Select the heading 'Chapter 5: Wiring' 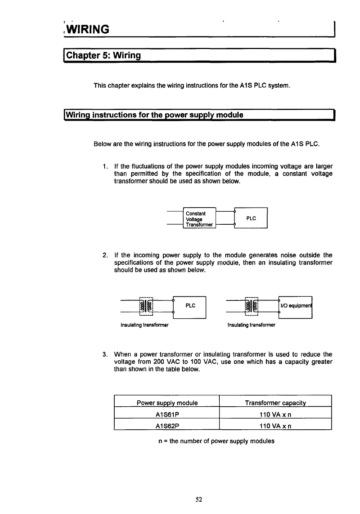coord(103,56)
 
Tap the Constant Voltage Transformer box coord(199,219)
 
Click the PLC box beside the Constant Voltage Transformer coord(251,218)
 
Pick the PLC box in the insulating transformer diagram coord(190,306)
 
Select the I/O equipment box coord(295,306)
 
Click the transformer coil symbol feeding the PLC coord(146,306)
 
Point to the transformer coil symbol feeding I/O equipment coord(251,306)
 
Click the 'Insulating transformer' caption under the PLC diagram coord(144,325)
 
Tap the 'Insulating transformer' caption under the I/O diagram coord(251,325)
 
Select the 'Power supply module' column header coord(167,403)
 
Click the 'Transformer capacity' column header coord(275,403)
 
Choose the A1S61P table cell coord(167,414)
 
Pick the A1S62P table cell coord(167,426)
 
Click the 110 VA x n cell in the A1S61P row coord(275,414)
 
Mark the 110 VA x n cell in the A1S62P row coord(275,426)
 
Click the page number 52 coord(199,500)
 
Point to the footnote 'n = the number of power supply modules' coord(216,441)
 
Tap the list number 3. coord(105,354)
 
